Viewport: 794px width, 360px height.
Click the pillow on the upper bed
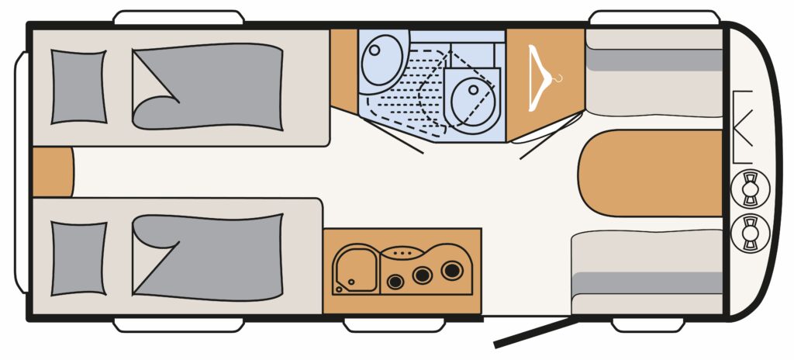[78, 87]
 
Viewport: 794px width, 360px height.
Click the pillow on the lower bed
[78, 258]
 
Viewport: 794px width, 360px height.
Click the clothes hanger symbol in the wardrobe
[543, 78]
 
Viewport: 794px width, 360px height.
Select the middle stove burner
[423, 275]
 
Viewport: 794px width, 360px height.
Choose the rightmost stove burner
[451, 271]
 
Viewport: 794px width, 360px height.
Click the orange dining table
[651, 173]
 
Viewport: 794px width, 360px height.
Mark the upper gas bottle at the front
[749, 187]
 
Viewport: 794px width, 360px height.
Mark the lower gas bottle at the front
[749, 231]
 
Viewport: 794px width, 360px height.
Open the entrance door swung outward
[535, 331]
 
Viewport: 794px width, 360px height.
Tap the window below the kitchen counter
[378, 325]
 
